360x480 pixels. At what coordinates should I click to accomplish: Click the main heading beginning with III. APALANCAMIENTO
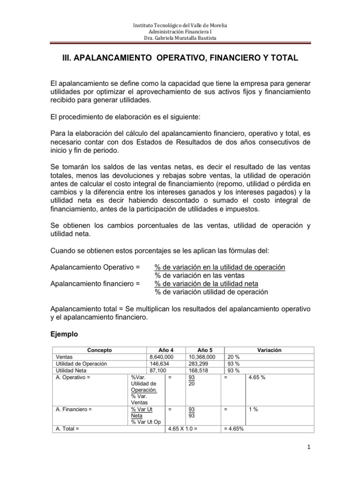(x=180, y=58)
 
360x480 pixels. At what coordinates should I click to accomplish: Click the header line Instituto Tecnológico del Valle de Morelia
(x=180, y=25)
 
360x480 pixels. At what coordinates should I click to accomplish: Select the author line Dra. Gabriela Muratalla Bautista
(x=180, y=38)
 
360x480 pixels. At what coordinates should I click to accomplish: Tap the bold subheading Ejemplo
(x=65, y=335)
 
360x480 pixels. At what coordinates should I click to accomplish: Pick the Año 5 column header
(x=205, y=350)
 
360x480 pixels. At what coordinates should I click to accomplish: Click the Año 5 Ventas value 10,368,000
(x=201, y=357)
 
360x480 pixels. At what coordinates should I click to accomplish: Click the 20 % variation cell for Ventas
(x=234, y=357)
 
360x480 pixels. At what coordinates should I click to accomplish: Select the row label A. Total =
(x=68, y=428)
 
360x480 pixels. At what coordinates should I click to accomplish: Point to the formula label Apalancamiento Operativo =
(x=95, y=267)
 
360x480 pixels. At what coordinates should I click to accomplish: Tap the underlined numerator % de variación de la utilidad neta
(x=207, y=284)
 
